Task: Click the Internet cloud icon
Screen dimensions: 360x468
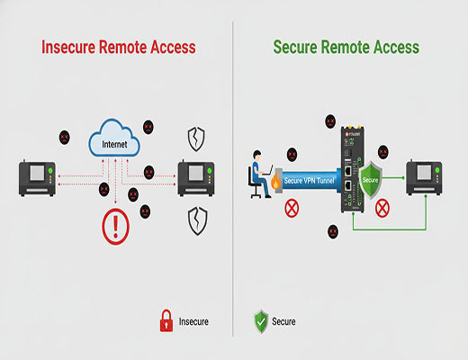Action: (115, 141)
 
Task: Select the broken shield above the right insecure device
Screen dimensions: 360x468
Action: (195, 138)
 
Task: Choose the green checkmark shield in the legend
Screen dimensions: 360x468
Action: (260, 319)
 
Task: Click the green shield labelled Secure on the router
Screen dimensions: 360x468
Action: (370, 178)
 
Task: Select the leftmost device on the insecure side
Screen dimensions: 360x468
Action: (39, 175)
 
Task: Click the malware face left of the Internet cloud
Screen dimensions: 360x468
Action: (65, 138)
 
